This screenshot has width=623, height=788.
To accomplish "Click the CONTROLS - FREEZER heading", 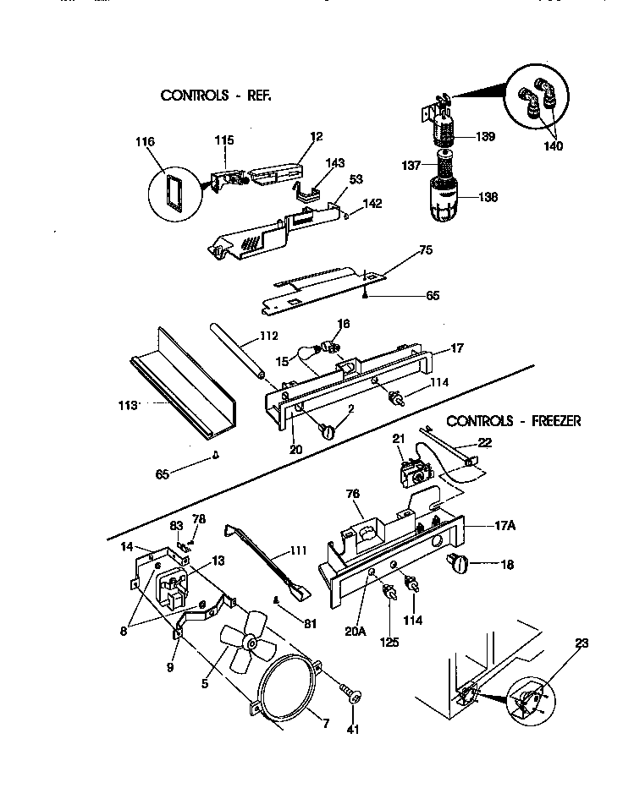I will [x=514, y=421].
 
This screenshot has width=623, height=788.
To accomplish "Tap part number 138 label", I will [x=488, y=197].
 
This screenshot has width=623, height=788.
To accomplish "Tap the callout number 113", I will [x=128, y=406].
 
